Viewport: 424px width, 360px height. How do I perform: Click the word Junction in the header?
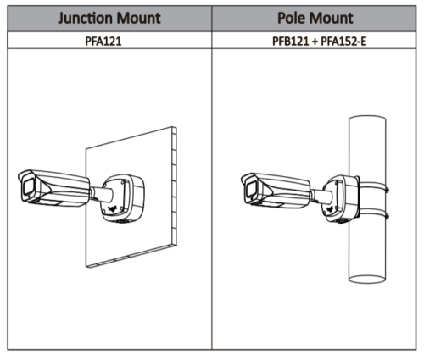pos(86,19)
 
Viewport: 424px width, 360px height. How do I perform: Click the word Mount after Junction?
pos(138,18)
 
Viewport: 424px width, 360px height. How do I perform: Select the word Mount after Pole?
pos(331,18)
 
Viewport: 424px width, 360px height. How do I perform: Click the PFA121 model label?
pos(103,42)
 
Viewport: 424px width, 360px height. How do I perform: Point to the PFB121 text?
pos(290,42)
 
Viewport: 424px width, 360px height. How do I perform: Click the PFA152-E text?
pos(343,42)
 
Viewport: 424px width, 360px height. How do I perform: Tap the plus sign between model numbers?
pos(315,42)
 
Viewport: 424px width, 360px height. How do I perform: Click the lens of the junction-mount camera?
pos(28,186)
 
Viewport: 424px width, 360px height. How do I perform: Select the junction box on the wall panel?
pos(122,198)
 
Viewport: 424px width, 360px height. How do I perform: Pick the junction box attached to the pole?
pos(341,198)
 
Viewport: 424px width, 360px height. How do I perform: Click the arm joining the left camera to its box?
pos(101,193)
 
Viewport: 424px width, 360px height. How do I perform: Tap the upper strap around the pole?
pos(373,186)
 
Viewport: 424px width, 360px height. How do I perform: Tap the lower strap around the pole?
pos(373,214)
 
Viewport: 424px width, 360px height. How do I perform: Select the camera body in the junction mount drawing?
pos(54,186)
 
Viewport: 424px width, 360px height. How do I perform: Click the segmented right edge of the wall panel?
pos(174,186)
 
